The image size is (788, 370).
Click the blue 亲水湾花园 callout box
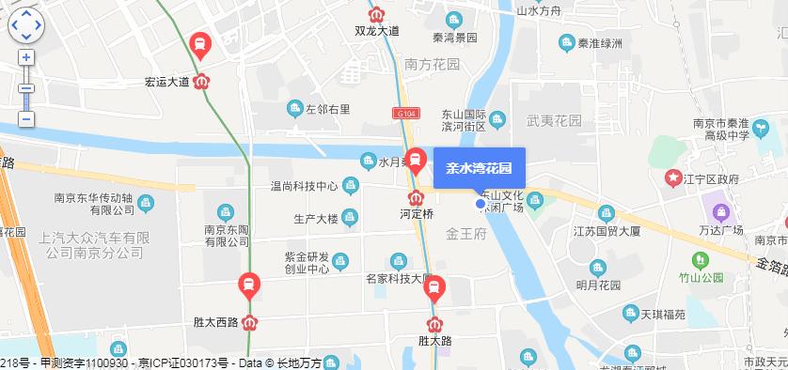tap(478, 169)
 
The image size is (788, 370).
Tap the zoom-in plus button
tap(26, 57)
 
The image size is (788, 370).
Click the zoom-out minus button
tap(26, 119)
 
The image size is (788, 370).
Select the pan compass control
tap(26, 25)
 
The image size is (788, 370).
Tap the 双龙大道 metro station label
tap(376, 31)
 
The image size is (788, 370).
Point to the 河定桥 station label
tap(415, 213)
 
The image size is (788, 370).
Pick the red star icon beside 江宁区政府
tap(673, 177)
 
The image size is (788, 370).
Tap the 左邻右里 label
tap(326, 109)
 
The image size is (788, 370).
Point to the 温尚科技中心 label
tap(303, 186)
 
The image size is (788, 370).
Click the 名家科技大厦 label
tap(398, 278)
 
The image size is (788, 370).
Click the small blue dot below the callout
tap(480, 203)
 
